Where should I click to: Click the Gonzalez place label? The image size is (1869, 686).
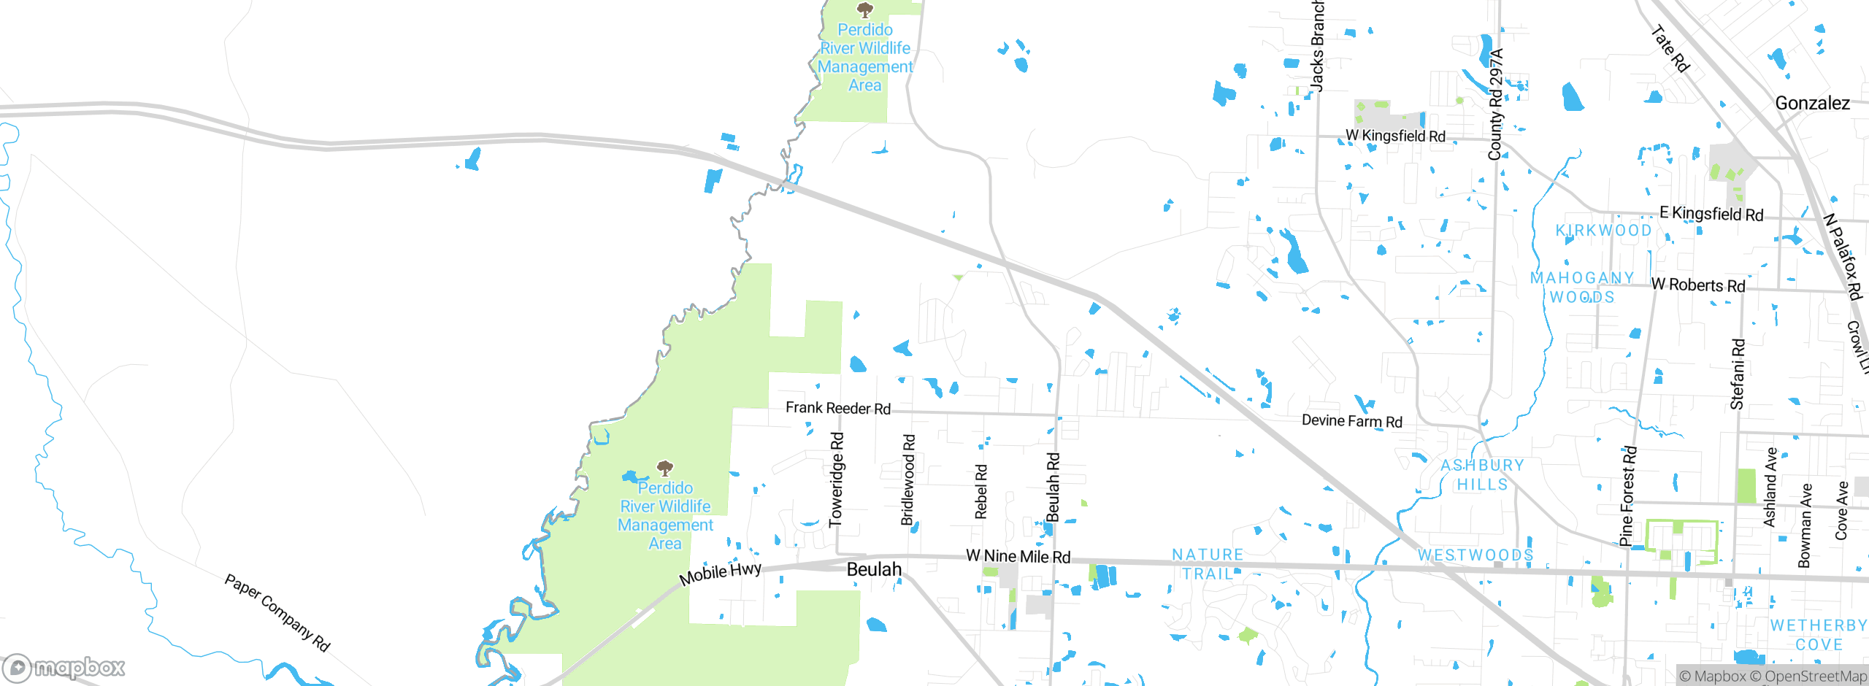[1812, 104]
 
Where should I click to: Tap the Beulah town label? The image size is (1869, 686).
[874, 569]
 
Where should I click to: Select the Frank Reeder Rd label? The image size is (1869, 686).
[837, 408]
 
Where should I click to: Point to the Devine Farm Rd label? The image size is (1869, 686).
[1351, 421]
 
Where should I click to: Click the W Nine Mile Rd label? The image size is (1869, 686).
[1018, 556]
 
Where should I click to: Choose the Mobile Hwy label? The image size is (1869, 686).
[720, 573]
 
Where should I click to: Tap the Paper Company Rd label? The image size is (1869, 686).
[277, 612]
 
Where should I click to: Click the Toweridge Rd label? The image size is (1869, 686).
[837, 479]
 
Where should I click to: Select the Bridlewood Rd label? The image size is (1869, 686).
[907, 479]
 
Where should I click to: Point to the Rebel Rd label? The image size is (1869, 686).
[980, 492]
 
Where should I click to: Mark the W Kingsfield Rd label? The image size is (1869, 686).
[1395, 136]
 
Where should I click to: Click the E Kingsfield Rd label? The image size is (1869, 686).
[1711, 214]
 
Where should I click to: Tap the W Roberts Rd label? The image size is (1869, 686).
[1697, 285]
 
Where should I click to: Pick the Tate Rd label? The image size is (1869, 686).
[1670, 50]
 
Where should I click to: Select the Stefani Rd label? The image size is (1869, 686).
[1738, 374]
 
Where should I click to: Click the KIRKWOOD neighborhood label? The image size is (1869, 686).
[1603, 231]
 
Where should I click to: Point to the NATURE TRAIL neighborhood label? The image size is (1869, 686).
[1208, 564]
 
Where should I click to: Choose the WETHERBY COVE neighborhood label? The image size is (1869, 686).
[1818, 635]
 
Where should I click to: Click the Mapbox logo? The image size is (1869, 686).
[64, 667]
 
